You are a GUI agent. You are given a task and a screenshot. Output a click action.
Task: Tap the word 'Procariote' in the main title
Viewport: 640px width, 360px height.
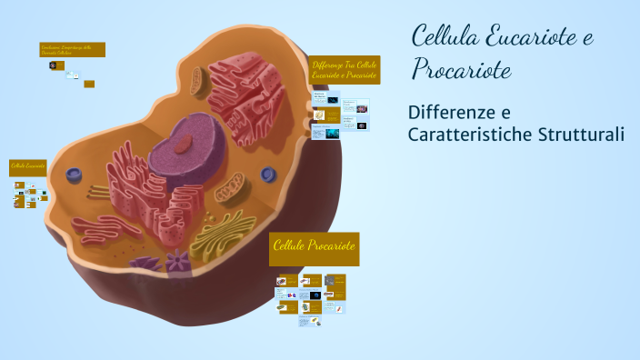[x=461, y=69]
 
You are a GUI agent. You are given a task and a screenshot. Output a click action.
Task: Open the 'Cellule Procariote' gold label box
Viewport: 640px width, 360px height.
[x=315, y=248]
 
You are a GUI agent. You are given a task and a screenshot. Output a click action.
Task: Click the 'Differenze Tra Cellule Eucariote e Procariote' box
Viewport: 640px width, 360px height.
[x=344, y=70]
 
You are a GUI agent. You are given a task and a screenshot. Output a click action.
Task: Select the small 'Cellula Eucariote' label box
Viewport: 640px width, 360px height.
[x=28, y=167]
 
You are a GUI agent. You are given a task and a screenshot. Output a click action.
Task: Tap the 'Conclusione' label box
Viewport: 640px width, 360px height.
[x=72, y=49]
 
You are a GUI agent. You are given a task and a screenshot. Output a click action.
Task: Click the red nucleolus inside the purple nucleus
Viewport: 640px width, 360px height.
[x=185, y=143]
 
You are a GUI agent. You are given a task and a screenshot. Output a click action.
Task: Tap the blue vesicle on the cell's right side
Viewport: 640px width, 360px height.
[x=267, y=174]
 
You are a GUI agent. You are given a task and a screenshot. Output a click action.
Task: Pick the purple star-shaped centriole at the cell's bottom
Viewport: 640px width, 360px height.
[x=176, y=262]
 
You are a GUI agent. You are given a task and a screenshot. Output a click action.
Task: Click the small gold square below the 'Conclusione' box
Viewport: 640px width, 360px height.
[x=89, y=84]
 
